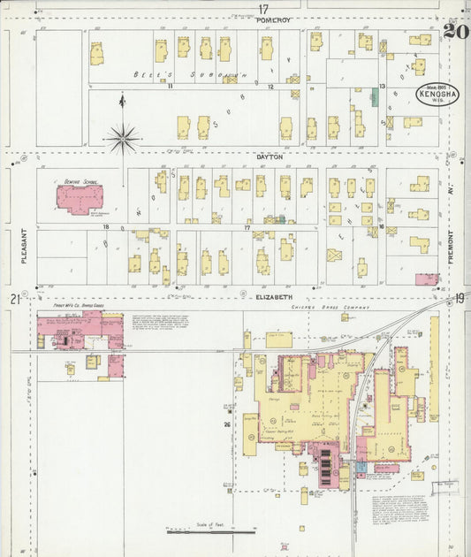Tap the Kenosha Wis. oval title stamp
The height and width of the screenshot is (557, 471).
(x=437, y=95)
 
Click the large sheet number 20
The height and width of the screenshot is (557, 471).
(x=455, y=32)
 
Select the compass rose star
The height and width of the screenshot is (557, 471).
(x=122, y=137)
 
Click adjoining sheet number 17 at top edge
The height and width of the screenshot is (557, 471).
(x=262, y=9)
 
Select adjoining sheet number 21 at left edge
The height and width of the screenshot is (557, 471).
(x=15, y=299)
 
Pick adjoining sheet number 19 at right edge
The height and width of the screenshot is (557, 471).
(x=460, y=299)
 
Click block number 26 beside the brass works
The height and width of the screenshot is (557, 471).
(x=227, y=425)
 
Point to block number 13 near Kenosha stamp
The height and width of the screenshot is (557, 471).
(x=382, y=86)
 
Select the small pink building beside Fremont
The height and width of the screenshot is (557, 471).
(x=426, y=279)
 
